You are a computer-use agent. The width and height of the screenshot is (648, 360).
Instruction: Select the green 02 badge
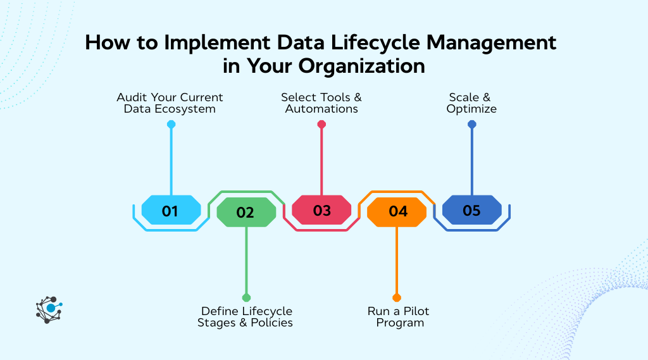coord(246,212)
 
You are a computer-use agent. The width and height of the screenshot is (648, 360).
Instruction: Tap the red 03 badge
coord(321,210)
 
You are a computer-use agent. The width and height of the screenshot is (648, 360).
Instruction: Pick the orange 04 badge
coord(397,212)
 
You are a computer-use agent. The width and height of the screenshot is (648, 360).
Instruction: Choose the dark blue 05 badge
coord(471,210)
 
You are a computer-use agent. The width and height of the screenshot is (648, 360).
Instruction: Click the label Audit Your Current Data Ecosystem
coord(170,103)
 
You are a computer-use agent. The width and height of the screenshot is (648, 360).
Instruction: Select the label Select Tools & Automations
coord(321,103)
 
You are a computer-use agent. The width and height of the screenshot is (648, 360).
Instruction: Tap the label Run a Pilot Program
coord(398,316)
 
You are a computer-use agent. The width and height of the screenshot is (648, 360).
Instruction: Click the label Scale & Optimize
coord(472,103)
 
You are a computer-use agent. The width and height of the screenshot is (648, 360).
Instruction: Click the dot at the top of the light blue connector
coord(171,125)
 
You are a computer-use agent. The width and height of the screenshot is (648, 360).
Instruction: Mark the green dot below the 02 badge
coord(246,297)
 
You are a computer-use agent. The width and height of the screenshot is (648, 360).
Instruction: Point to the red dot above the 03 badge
coord(321,125)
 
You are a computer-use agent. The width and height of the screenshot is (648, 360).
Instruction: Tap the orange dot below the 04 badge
coord(397,297)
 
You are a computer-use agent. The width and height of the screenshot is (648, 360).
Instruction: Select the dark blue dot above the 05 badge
coord(471,125)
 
